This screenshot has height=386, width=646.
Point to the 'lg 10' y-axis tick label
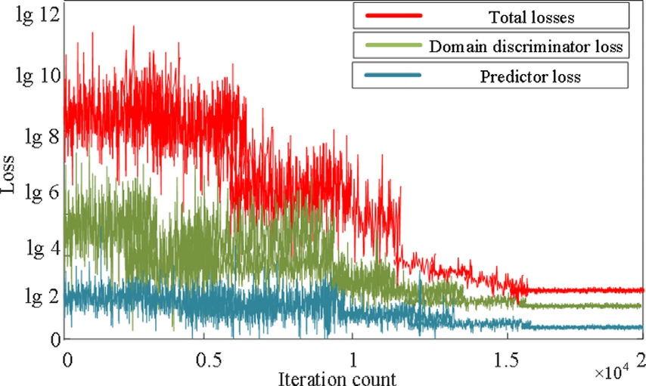click(32, 76)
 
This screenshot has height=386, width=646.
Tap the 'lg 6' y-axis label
click(37, 193)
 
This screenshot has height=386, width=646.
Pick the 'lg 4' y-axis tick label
click(37, 249)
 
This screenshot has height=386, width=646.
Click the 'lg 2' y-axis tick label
click(37, 295)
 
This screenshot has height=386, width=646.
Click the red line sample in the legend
click(393, 15)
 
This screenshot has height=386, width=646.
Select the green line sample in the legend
click(393, 45)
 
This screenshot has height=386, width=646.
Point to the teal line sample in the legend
click(393, 75)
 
